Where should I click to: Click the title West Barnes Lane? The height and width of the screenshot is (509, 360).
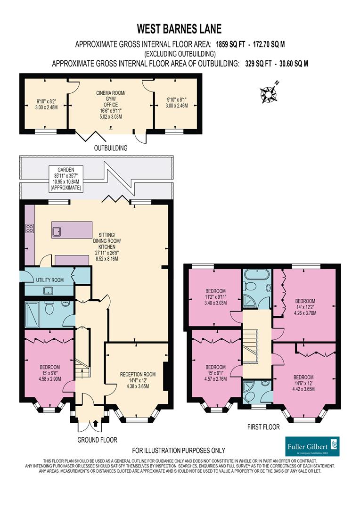[180, 30]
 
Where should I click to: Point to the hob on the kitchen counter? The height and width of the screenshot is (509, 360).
[29, 229]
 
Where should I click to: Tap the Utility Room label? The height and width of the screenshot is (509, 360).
[49, 280]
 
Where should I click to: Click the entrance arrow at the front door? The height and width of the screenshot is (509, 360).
[96, 423]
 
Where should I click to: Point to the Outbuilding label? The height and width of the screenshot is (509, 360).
[111, 148]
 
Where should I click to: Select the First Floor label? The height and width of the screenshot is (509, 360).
[264, 427]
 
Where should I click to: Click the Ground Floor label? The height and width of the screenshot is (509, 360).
[97, 440]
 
